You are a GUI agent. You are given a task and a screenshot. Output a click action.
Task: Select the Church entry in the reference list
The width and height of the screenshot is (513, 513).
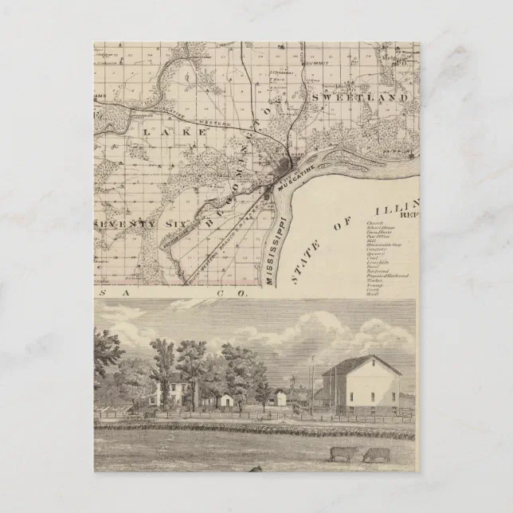375,224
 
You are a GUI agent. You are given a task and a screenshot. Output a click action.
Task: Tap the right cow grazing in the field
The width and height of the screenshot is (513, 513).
376,455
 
